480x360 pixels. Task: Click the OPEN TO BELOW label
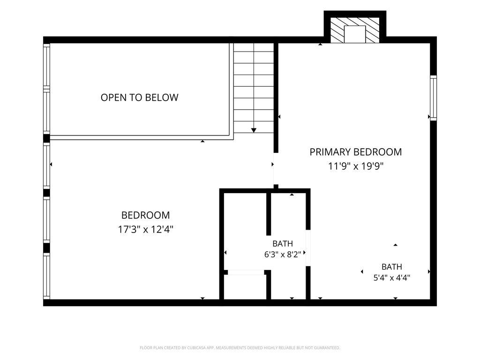(139, 97)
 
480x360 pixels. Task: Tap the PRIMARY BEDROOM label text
(356, 152)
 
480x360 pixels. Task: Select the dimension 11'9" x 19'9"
(356, 166)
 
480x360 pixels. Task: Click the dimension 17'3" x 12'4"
(146, 229)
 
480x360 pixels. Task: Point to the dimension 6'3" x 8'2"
(283, 255)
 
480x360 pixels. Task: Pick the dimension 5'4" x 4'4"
(392, 277)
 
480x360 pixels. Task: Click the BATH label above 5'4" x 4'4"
(392, 267)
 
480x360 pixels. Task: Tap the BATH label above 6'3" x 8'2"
(283, 244)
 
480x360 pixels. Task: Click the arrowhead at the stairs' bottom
(254, 130)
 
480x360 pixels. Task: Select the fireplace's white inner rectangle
(355, 34)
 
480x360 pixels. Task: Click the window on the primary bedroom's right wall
(433, 97)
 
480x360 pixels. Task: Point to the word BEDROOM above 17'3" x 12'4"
(146, 215)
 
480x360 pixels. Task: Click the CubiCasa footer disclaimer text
(240, 348)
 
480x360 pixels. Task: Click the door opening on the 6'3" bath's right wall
(308, 248)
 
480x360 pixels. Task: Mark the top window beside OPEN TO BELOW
(46, 66)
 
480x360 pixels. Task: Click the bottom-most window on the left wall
(46, 276)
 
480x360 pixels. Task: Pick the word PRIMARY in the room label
(330, 152)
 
